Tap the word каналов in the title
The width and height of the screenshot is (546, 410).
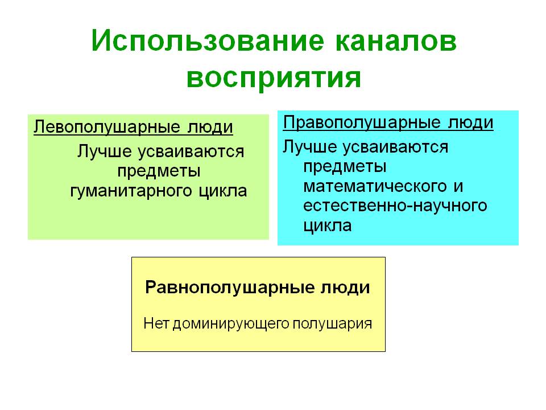click(396, 41)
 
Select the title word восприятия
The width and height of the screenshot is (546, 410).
click(274, 78)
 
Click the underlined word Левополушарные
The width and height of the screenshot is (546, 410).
click(107, 128)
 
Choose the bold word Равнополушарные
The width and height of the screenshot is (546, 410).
click(229, 288)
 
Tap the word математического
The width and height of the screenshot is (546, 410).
click(375, 186)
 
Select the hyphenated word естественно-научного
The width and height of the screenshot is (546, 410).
click(395, 206)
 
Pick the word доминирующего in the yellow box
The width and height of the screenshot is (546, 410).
click(231, 324)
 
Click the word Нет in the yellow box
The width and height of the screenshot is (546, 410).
click(157, 323)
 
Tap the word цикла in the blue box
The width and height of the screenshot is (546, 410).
click(328, 225)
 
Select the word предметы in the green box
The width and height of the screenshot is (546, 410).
click(159, 171)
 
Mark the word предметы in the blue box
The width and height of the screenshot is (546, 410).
click(345, 167)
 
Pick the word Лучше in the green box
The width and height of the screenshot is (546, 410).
click(105, 151)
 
